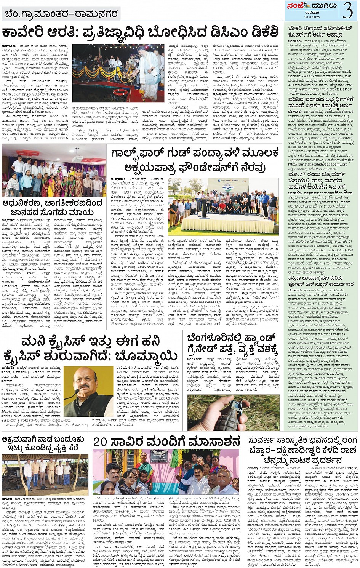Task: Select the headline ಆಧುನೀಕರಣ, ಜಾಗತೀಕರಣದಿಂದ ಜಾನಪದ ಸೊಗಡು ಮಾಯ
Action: (x=53, y=207)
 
